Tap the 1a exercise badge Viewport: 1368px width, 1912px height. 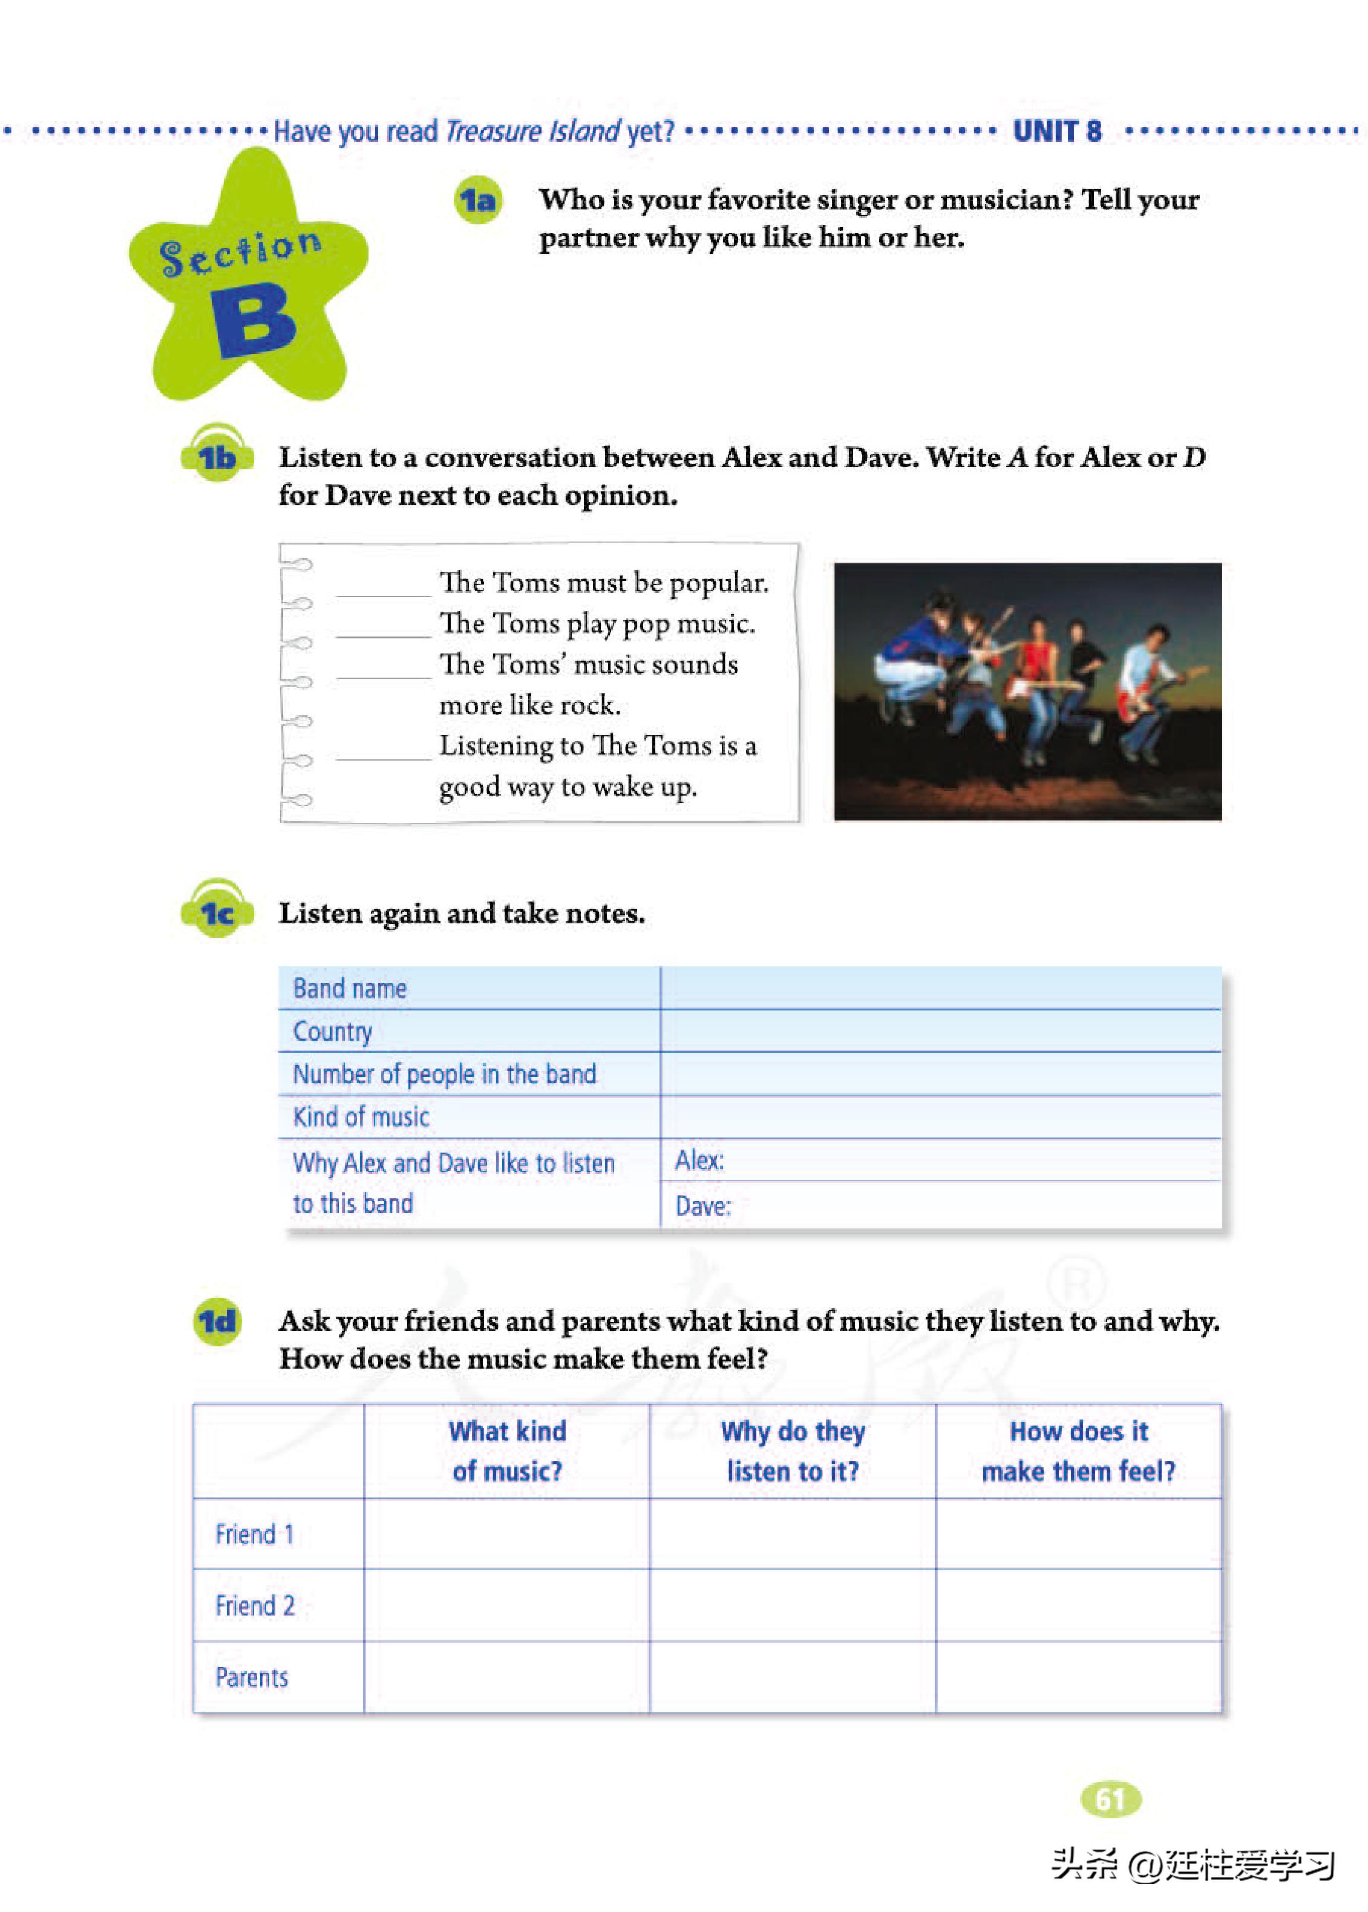point(477,200)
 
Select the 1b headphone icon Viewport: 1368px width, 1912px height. point(217,456)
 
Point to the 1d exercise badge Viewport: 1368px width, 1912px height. point(217,1321)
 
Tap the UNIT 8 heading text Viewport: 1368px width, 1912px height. point(1056,131)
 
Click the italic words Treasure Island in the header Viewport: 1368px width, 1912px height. point(532,131)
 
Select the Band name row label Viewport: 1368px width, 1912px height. point(350,988)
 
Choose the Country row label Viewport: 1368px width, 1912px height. point(332,1031)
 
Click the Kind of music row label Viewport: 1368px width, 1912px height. point(361,1117)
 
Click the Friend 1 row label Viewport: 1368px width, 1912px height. point(254,1534)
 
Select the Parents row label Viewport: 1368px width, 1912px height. point(251,1677)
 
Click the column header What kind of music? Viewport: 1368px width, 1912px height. point(506,1450)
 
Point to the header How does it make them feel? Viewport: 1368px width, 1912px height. point(1078,1450)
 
